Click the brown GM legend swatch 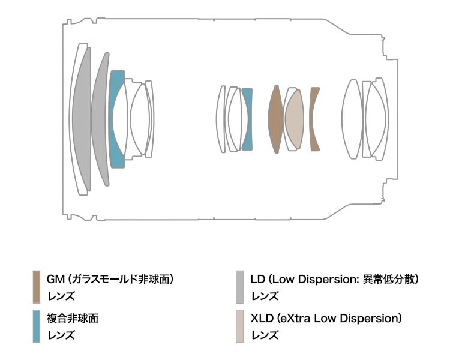point(37,287)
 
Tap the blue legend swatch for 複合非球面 point(37,326)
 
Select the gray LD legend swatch point(239,287)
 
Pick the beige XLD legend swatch point(239,326)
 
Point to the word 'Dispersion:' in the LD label point(328,279)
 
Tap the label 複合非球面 point(73,319)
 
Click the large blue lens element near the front point(115,119)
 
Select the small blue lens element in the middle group point(247,119)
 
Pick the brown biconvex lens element point(275,119)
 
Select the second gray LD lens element point(99,119)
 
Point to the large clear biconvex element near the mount point(352,119)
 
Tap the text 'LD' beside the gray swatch point(257,279)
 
